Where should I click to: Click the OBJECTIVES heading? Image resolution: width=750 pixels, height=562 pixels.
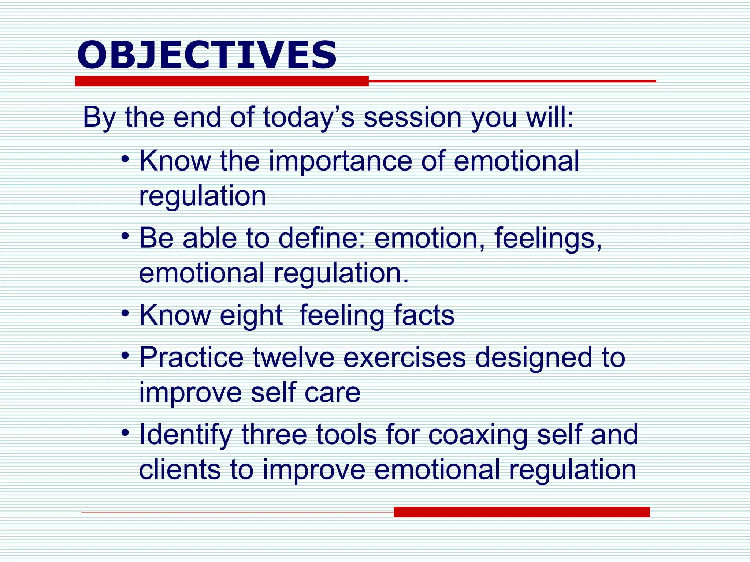[x=207, y=55]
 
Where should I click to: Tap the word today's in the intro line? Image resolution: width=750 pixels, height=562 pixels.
[x=309, y=117]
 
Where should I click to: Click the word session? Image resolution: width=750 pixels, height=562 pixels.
[x=412, y=117]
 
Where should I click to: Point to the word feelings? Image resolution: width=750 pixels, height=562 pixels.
[x=548, y=239]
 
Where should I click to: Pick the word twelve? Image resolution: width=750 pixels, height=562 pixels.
[x=293, y=357]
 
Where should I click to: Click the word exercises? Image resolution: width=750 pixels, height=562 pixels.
[x=404, y=357]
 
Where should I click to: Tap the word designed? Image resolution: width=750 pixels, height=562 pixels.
[x=533, y=358]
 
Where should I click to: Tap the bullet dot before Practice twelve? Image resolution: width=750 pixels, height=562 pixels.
[x=126, y=355]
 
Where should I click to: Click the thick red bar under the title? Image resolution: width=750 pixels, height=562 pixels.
[x=222, y=81]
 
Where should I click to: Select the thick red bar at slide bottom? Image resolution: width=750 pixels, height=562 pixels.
[x=521, y=512]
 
